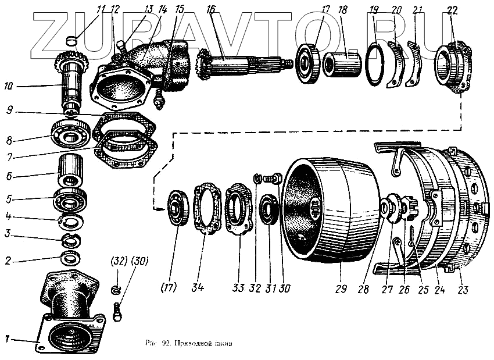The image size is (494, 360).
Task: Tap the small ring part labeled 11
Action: (71, 40)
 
